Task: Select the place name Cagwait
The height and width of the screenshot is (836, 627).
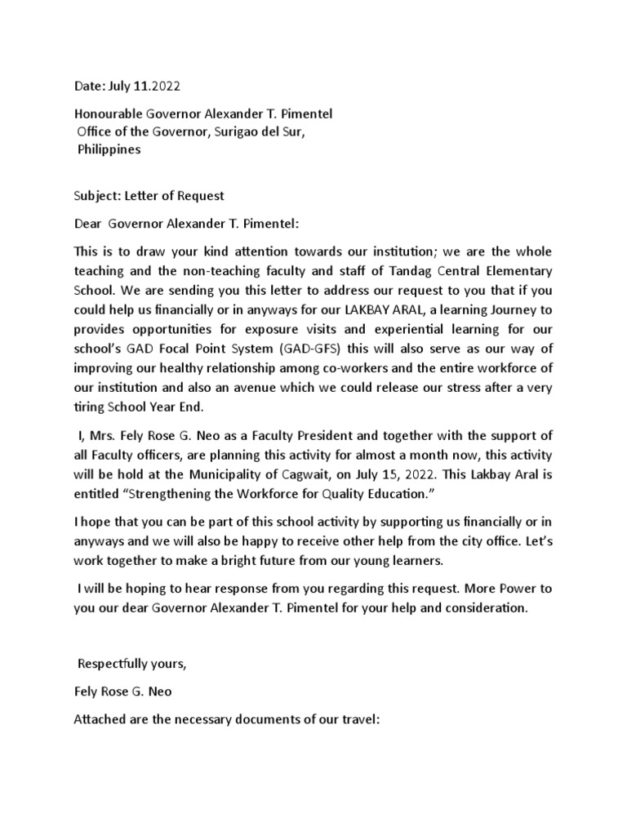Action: tap(358, 473)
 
